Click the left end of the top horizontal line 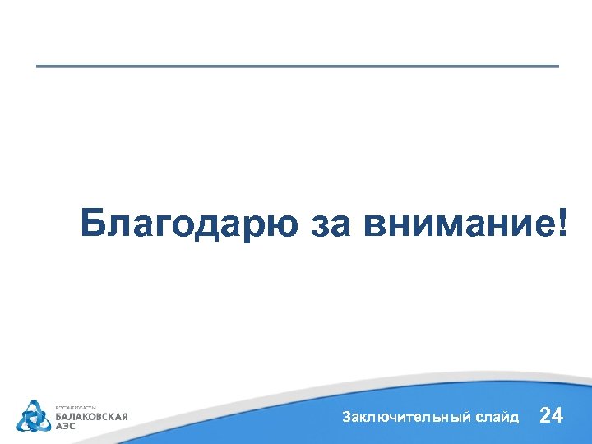click(x=38, y=66)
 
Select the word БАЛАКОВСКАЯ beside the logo click(x=91, y=416)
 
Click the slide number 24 click(x=551, y=415)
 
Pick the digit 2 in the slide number click(x=545, y=415)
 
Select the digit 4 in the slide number click(x=557, y=415)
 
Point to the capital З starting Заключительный click(x=346, y=417)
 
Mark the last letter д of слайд click(x=515, y=418)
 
